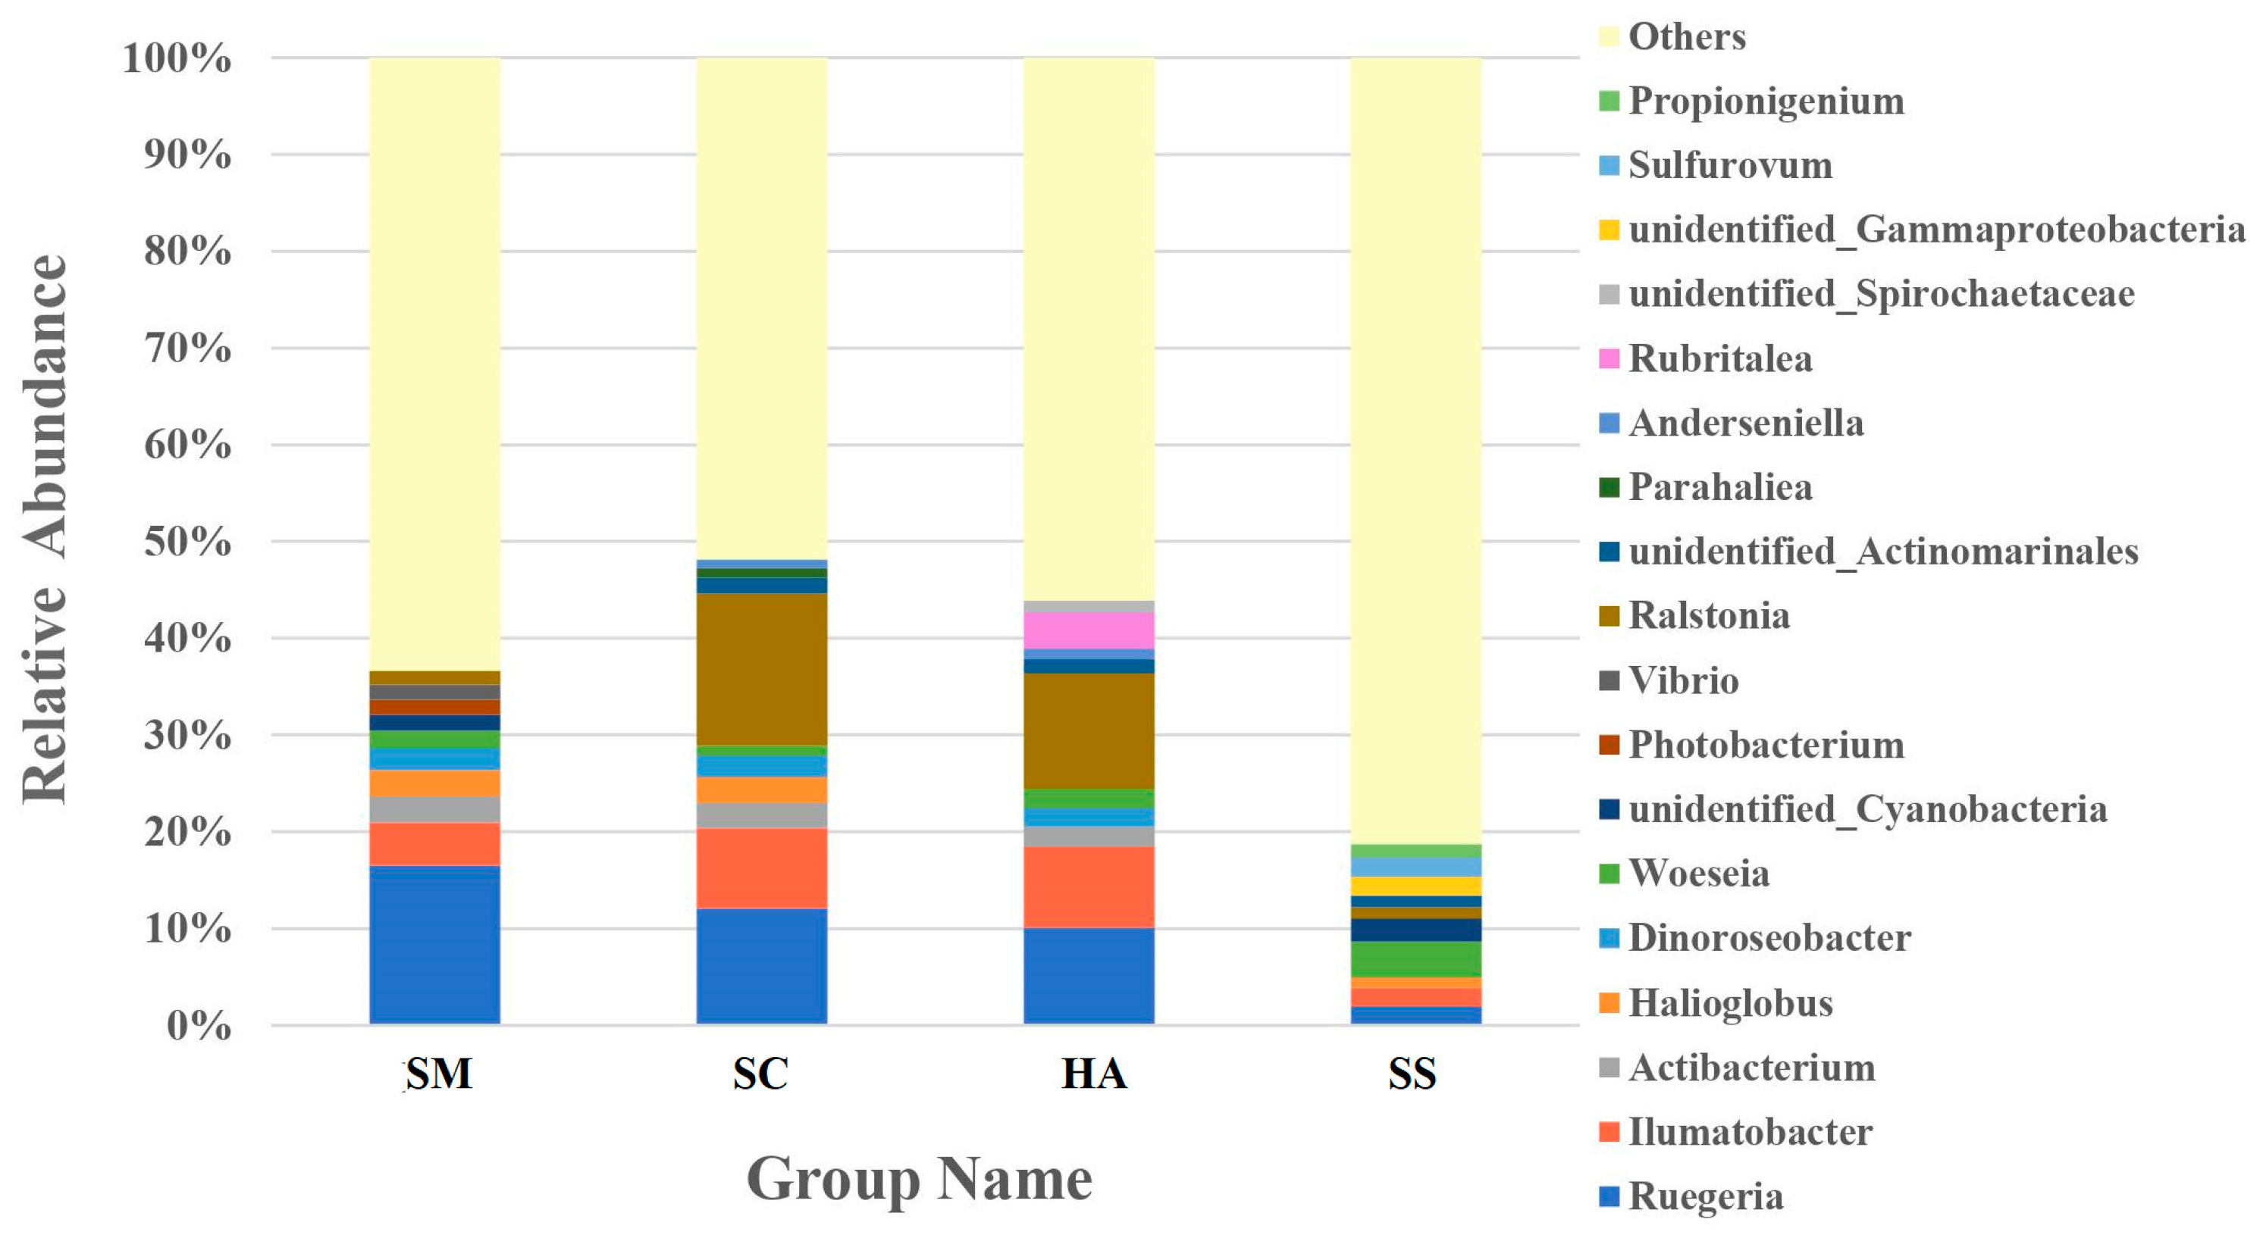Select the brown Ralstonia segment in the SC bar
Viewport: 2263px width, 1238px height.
[762, 669]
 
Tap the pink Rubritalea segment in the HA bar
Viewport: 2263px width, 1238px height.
[1089, 630]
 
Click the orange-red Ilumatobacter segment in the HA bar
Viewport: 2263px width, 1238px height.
[1089, 886]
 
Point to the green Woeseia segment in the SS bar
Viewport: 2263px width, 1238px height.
[1415, 958]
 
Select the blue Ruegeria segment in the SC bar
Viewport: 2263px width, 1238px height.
[762, 966]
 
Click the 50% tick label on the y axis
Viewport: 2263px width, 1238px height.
[187, 542]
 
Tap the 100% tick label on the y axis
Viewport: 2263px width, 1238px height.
[177, 59]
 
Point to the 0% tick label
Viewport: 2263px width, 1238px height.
[199, 1026]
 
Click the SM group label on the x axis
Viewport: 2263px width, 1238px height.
[438, 1074]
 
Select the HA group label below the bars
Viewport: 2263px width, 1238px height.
[1094, 1074]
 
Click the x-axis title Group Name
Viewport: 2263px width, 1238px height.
[919, 1178]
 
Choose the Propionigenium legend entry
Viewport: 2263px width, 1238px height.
[1766, 101]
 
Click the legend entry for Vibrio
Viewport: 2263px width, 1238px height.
[1682, 680]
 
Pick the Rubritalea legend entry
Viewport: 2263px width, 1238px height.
[1719, 358]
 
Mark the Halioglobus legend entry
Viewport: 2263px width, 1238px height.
[1730, 1002]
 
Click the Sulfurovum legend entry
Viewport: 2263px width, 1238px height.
[1730, 165]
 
